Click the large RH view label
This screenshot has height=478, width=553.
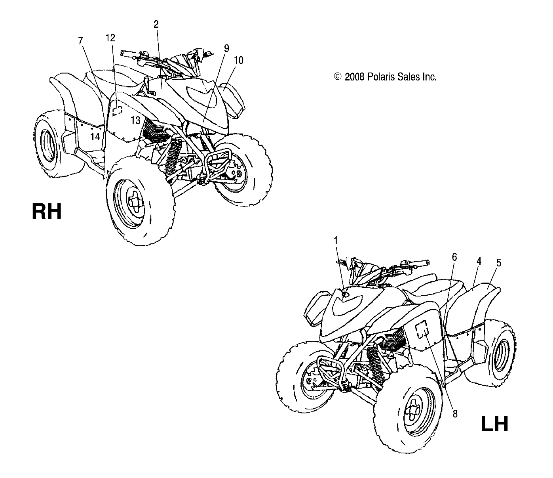tap(47, 211)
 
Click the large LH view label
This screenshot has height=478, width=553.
tap(494, 424)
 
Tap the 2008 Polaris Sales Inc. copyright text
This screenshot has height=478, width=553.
tap(385, 77)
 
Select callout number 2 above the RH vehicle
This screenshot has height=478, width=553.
tap(156, 24)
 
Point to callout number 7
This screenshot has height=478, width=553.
tap(81, 40)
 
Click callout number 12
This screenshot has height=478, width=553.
tap(110, 38)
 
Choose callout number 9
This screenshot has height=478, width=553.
tap(226, 48)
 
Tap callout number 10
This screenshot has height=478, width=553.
tap(238, 60)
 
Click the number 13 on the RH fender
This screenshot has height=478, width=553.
tap(135, 120)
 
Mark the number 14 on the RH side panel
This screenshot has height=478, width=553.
tap(95, 137)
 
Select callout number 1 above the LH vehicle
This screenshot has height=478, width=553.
tap(336, 240)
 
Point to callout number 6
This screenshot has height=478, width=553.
tap(454, 257)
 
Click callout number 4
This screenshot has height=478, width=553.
tap(479, 261)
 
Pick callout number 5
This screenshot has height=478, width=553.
tap(499, 263)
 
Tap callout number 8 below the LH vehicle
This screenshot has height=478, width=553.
tap(455, 414)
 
